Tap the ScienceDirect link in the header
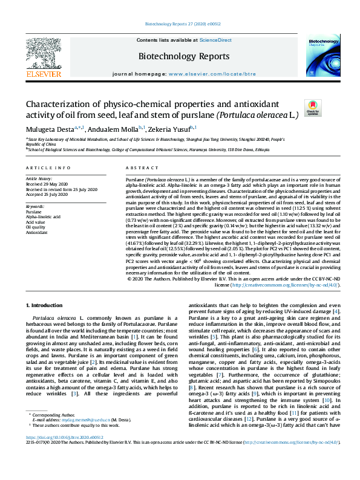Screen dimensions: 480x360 click(215, 39)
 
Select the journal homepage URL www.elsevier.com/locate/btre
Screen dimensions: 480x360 click(211, 74)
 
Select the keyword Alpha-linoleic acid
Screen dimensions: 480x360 click(42, 216)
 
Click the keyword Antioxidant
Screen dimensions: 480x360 click(37, 232)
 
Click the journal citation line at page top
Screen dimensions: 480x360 click(180, 25)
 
